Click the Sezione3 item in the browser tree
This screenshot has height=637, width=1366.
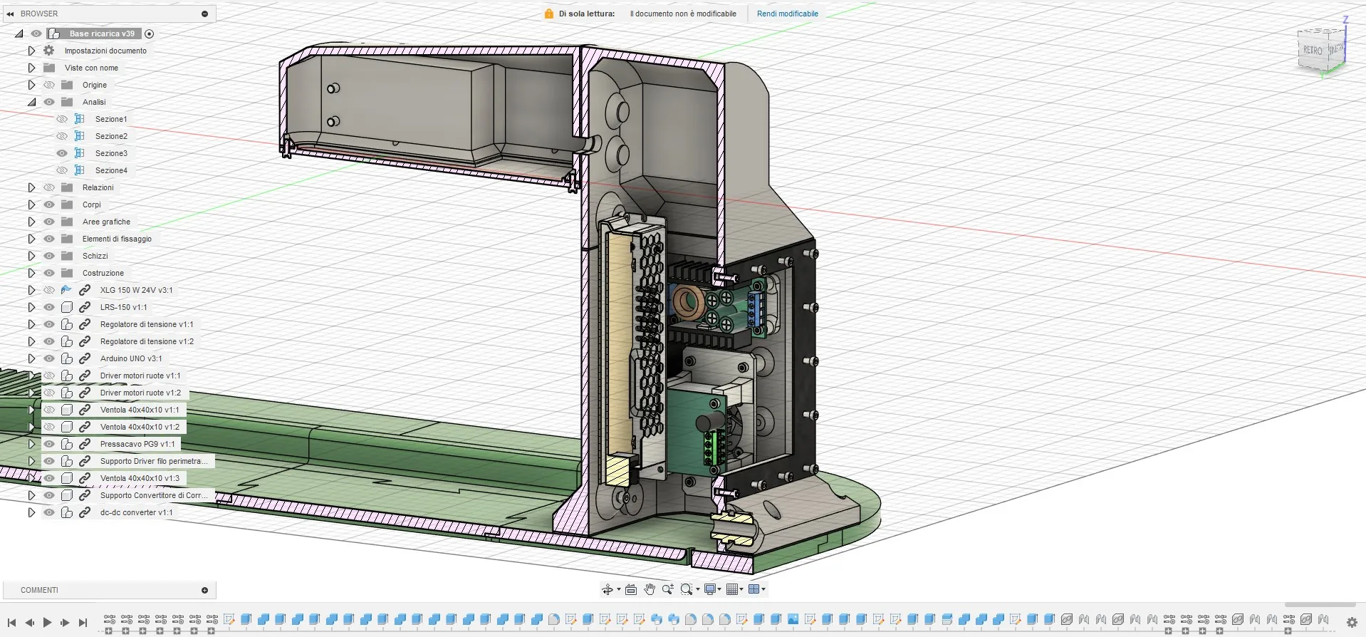(111, 153)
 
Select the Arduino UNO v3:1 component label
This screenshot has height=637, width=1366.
(131, 358)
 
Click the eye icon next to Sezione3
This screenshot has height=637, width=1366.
(62, 153)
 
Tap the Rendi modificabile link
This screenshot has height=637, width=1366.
(787, 14)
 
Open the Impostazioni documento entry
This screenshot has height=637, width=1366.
(105, 51)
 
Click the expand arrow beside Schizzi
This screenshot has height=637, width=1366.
(31, 256)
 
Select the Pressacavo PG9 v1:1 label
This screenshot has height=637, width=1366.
(137, 444)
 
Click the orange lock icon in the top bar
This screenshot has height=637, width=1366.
(549, 14)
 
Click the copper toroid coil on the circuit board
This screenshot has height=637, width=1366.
(689, 302)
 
